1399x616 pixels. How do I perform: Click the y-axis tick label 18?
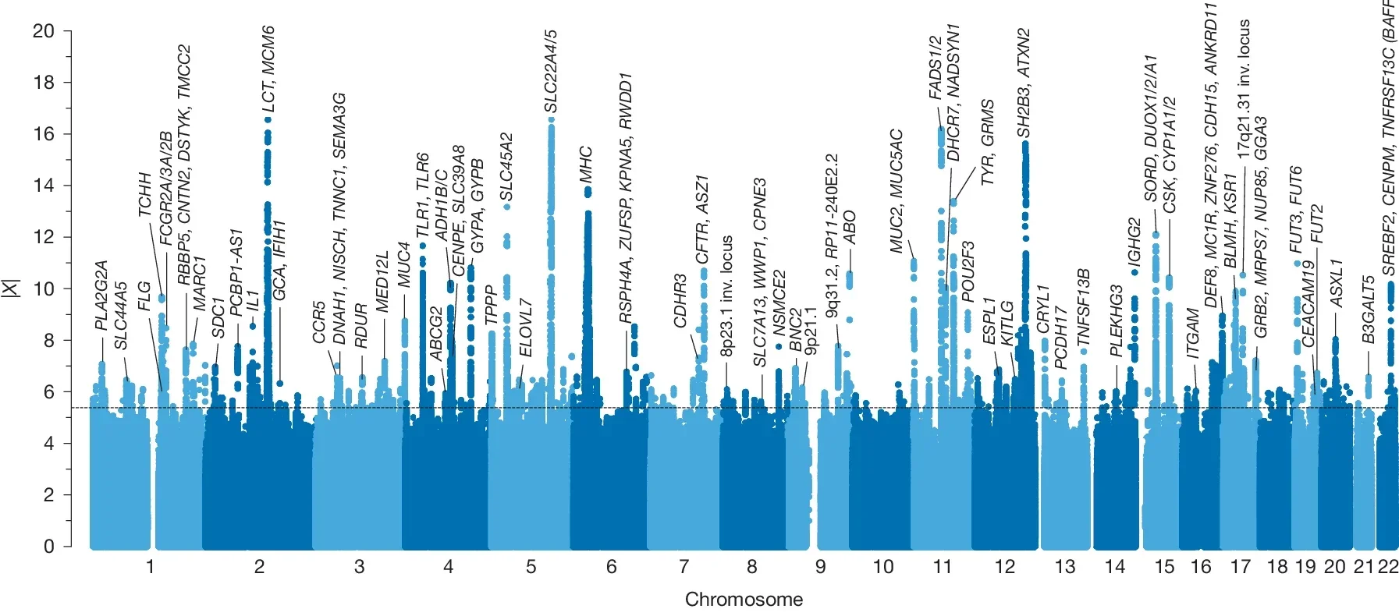(x=44, y=83)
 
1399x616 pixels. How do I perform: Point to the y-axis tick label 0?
(x=48, y=547)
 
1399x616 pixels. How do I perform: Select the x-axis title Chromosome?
(x=743, y=600)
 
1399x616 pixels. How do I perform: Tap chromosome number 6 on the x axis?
(x=611, y=567)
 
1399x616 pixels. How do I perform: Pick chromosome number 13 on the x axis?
(x=1064, y=567)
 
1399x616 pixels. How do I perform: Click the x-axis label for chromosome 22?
(x=1388, y=567)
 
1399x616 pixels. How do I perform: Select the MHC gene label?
(x=587, y=164)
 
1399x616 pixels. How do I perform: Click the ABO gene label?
(x=850, y=227)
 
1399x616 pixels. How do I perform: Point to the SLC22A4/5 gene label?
(x=551, y=72)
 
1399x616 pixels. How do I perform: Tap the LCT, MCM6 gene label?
(x=268, y=69)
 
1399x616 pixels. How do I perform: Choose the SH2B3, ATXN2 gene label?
(x=1024, y=83)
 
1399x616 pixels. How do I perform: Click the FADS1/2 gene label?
(x=935, y=67)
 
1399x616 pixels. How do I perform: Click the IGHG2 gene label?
(x=1134, y=243)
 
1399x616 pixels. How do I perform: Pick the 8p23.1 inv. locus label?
(x=727, y=296)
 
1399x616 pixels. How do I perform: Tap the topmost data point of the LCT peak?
(x=268, y=120)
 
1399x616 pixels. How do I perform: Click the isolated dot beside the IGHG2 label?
(x=1134, y=273)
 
